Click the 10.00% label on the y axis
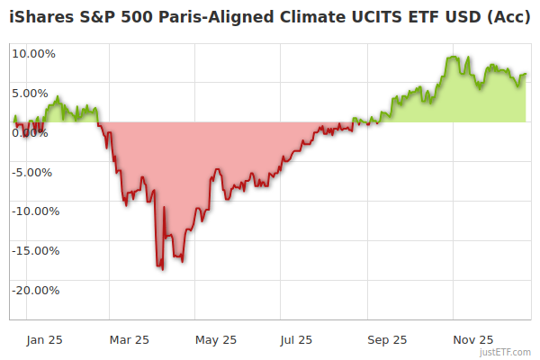[x=33, y=53]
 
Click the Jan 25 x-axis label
[x=44, y=340]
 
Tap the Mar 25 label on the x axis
[x=129, y=340]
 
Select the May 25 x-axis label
[x=216, y=340]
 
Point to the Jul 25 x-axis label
[x=297, y=340]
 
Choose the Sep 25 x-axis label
[x=387, y=340]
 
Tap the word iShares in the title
[x=40, y=18]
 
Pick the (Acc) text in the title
[x=509, y=18]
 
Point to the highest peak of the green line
[x=451, y=57]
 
